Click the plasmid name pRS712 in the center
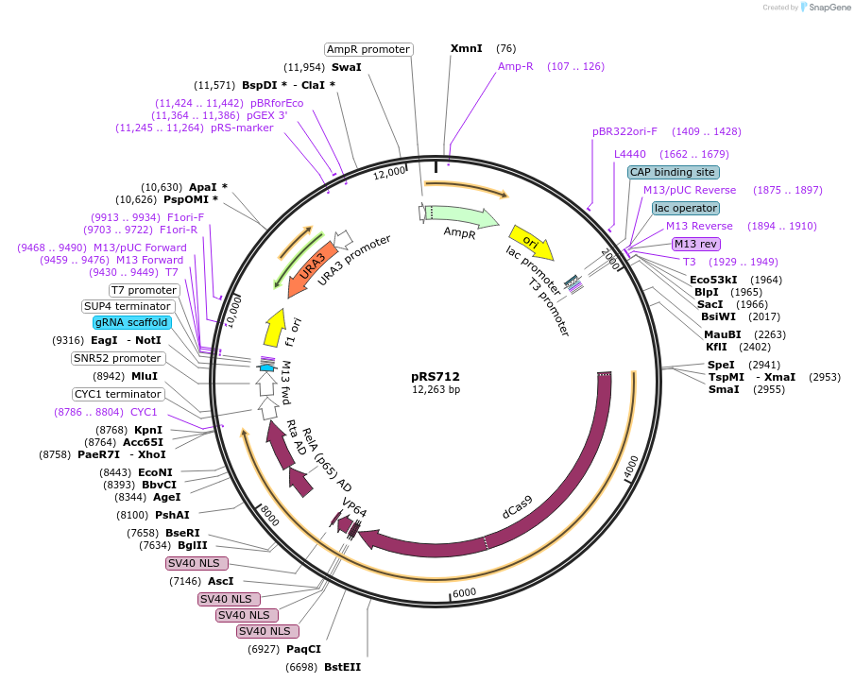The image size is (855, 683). (x=436, y=376)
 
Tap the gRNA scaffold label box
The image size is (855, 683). (x=131, y=322)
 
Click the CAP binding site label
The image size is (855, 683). (x=674, y=172)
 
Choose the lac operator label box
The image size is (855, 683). (x=685, y=208)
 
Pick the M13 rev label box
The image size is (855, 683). (x=695, y=244)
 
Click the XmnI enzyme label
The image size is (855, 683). (x=466, y=48)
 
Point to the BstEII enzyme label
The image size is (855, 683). (x=342, y=667)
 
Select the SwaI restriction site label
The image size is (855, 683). (x=346, y=67)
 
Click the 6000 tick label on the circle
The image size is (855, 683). (x=465, y=592)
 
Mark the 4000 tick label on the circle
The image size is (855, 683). (x=631, y=464)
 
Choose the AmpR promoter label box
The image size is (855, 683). (x=368, y=49)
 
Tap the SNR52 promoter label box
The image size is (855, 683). (x=117, y=358)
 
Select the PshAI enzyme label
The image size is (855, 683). (x=172, y=515)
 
